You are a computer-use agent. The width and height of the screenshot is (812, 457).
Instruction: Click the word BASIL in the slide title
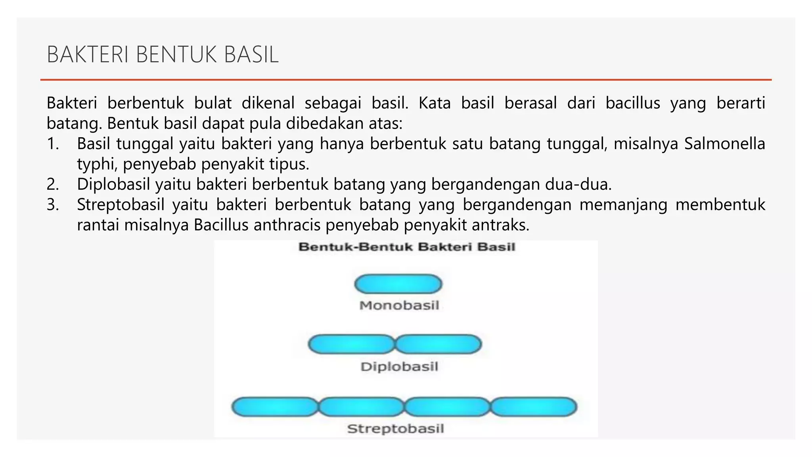(x=251, y=55)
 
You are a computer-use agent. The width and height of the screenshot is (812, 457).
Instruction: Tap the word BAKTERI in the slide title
(x=88, y=55)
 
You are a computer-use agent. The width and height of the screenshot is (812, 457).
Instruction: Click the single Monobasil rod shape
(x=398, y=284)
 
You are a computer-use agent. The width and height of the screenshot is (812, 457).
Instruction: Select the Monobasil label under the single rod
(x=399, y=305)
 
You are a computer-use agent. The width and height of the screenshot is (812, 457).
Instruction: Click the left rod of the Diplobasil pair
(x=351, y=344)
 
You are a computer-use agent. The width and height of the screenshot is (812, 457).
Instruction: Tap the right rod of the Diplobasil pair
(x=439, y=344)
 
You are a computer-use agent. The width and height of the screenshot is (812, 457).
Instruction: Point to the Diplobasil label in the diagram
(x=399, y=366)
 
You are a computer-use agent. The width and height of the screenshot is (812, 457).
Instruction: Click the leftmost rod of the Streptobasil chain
(x=275, y=407)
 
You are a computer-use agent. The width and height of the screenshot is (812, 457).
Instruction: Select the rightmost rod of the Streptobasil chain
(x=534, y=407)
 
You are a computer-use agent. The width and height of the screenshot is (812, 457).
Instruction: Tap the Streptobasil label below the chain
(x=395, y=428)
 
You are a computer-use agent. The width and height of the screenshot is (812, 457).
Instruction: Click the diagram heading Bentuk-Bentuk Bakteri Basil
(x=406, y=247)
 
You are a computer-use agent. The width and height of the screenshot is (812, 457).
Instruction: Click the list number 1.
(x=53, y=144)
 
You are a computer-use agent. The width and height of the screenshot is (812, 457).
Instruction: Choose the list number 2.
(x=53, y=184)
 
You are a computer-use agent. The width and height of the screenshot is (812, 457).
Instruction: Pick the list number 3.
(x=53, y=205)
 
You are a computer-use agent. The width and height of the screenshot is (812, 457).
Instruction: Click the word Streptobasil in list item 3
(x=121, y=205)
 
